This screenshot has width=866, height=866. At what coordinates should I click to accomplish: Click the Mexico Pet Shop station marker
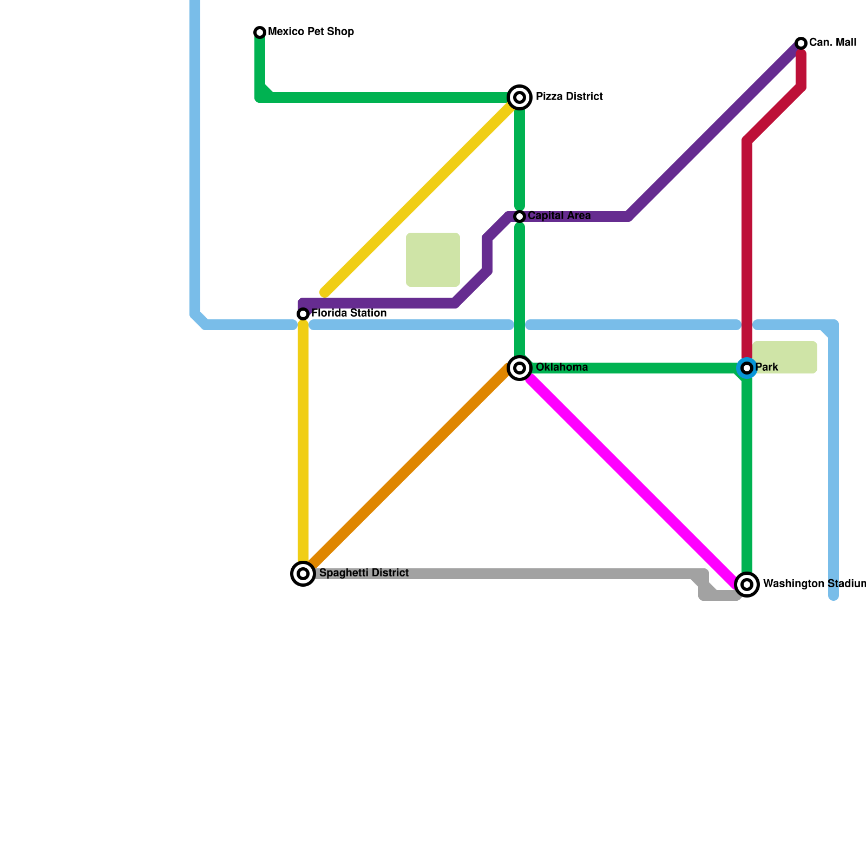point(260,32)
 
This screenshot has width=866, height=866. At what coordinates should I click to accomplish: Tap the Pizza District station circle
point(520,97)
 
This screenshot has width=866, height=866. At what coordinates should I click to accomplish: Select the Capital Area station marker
point(520,216)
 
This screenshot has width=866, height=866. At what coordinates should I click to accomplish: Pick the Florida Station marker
point(303,314)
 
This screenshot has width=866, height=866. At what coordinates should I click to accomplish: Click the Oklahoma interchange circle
point(520,368)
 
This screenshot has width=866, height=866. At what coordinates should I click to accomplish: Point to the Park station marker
point(747,368)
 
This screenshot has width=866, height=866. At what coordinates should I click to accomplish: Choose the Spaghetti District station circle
point(303,574)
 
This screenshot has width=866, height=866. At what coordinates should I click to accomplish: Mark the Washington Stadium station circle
point(747,585)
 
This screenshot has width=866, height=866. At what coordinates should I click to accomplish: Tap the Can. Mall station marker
point(801,43)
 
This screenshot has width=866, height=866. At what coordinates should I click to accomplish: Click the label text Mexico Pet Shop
point(311,32)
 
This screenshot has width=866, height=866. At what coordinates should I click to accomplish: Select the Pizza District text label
point(569,97)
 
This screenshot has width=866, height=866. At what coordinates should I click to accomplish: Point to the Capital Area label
point(559,216)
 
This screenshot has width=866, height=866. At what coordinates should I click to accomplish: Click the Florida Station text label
point(349,313)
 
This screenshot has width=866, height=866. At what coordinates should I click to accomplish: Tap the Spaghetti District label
point(364,573)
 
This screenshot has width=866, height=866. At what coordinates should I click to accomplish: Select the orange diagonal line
point(406,471)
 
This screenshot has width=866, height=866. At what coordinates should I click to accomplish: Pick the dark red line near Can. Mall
point(747,244)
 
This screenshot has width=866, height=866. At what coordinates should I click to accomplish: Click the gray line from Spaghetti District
point(514,574)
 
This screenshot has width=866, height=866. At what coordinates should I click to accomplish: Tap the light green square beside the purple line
point(433,260)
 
